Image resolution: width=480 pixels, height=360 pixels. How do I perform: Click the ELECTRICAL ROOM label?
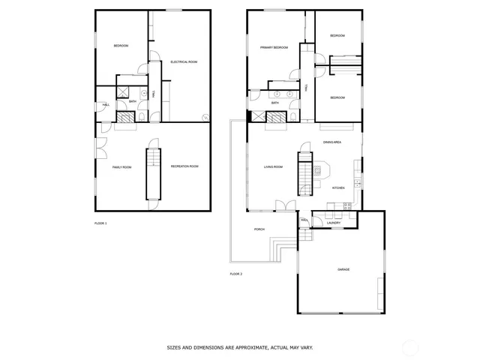183,61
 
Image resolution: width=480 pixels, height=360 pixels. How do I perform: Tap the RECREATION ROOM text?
184,166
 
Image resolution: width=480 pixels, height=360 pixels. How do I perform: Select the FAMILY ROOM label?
121,167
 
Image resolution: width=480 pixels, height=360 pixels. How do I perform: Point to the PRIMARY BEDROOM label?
274,48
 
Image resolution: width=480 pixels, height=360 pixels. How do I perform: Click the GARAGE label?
343,269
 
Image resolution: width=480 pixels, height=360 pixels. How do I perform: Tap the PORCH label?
259,229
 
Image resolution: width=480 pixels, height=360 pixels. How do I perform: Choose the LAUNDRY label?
334,223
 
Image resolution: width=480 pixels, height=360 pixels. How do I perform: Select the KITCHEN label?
338,187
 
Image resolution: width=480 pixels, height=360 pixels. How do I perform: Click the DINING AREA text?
332,142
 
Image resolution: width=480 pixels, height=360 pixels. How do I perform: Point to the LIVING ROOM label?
272,166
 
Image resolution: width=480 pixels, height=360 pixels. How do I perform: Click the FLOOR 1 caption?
100,223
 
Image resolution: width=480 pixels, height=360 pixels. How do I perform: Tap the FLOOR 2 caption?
235,274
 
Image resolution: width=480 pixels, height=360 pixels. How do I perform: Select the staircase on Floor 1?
153,173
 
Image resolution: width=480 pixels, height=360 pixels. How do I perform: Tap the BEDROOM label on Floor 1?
121,46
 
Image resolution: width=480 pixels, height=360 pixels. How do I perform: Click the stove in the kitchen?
347,205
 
